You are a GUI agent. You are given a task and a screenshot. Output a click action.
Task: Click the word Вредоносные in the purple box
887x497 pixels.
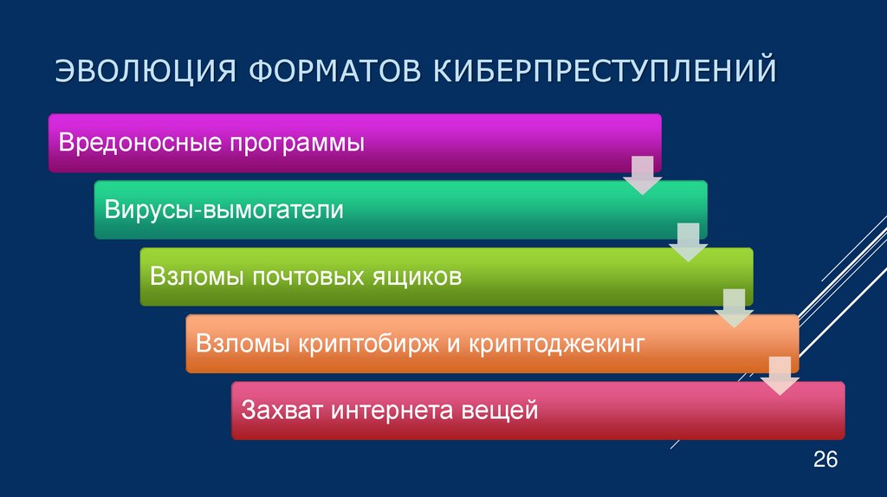(x=139, y=142)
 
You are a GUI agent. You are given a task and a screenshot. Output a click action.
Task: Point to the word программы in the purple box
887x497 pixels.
(x=297, y=143)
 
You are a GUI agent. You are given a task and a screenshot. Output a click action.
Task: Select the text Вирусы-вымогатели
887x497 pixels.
(x=224, y=210)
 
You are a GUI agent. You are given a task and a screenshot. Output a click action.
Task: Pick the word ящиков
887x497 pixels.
(x=414, y=277)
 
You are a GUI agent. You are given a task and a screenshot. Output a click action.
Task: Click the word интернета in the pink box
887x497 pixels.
(x=390, y=410)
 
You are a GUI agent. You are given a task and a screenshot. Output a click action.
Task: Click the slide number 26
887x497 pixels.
(x=825, y=459)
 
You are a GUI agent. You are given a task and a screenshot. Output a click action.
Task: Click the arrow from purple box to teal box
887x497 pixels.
(x=642, y=176)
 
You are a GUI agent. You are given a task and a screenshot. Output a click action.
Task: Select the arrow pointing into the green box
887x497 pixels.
(x=688, y=242)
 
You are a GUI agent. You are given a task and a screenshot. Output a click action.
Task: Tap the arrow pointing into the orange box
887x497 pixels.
(x=734, y=309)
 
